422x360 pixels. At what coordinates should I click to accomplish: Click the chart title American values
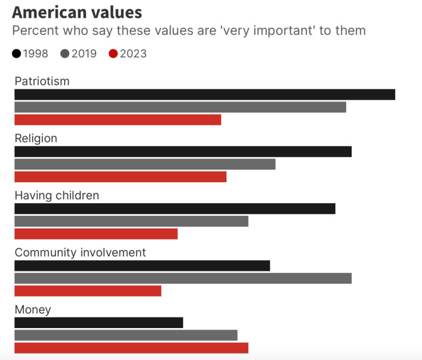[77, 12]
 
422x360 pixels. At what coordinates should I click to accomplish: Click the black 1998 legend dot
[17, 54]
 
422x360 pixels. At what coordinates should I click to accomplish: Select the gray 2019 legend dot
[65, 54]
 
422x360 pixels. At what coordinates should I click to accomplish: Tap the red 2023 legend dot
[113, 54]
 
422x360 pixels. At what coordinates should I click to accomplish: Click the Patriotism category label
[42, 81]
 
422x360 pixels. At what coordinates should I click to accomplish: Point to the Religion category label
[36, 138]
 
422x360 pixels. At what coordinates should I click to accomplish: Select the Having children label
[57, 195]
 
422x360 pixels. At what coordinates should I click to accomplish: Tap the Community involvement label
[80, 253]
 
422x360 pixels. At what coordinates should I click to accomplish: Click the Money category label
[33, 310]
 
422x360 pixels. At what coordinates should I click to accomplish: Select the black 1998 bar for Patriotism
[204, 94]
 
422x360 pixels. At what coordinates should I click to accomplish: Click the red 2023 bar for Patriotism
[118, 120]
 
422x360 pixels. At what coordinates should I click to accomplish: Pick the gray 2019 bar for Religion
[145, 164]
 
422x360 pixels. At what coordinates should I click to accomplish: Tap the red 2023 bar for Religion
[121, 177]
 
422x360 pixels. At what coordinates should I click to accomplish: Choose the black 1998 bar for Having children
[175, 209]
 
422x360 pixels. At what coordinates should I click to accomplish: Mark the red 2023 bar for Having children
[96, 234]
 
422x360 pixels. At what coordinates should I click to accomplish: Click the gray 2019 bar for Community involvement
[183, 278]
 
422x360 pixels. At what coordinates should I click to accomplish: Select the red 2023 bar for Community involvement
[88, 291]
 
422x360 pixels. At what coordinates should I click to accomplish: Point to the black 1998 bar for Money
[98, 322]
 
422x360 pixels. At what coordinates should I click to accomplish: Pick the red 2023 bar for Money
[131, 348]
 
